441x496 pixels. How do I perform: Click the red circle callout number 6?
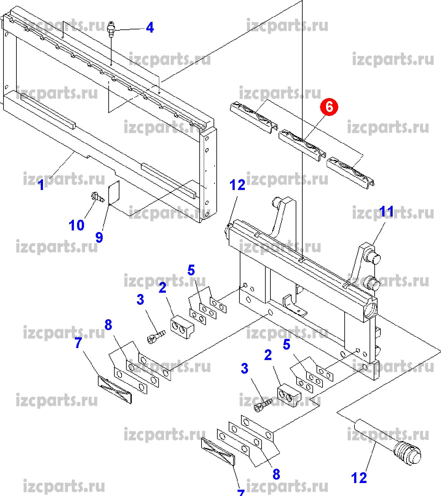pos(329,107)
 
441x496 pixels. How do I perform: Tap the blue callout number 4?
pos(150,28)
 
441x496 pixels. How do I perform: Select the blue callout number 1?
pos(41,185)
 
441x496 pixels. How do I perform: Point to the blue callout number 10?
pos(76,225)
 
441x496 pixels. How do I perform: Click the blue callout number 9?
pos(99,237)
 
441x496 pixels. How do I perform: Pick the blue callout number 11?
pos(387,211)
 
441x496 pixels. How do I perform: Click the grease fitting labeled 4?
pos(111,28)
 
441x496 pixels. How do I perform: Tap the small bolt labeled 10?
pos(97,198)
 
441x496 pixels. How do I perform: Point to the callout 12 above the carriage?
pos(237,185)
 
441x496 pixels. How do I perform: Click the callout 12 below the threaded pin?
pos(359,478)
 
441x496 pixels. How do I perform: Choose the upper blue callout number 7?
pos(78,343)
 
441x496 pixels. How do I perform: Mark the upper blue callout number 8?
pos(108,325)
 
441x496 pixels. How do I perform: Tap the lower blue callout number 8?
pos(276,474)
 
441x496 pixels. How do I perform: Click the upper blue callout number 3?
pos(140,299)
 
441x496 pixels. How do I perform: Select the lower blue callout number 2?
pos(268,355)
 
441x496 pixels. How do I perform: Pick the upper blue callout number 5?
pos(191,270)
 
